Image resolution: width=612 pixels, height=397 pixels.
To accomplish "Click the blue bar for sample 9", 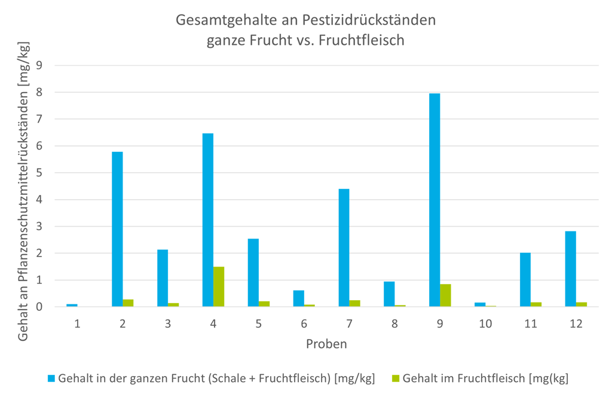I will (434, 200).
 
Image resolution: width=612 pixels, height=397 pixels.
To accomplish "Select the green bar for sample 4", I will (219, 287).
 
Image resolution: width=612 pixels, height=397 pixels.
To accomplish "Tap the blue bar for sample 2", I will (117, 230).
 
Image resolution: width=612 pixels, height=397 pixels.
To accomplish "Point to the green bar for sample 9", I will (445, 295).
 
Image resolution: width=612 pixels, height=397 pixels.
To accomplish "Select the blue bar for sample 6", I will (299, 298).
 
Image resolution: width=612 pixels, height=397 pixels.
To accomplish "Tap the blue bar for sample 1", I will (72, 305).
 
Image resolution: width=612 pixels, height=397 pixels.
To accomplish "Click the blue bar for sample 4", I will (208, 220).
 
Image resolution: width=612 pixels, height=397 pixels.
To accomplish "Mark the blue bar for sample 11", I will (525, 280).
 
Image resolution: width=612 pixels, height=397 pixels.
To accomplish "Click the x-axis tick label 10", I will (485, 323).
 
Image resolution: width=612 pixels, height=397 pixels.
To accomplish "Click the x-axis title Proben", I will (326, 344).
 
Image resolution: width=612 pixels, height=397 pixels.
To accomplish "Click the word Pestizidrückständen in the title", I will (373, 20).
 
